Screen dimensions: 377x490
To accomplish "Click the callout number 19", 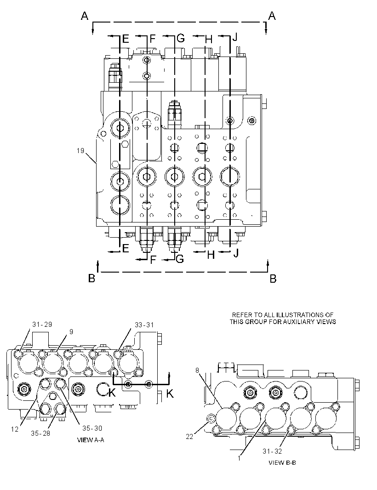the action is coord(80,151).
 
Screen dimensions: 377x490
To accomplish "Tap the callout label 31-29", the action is coord(42,325).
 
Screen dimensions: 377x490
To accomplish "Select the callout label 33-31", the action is coord(144,325).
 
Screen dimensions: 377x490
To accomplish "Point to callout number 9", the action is coord(71,331).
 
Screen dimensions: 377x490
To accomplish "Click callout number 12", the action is coord(15,429).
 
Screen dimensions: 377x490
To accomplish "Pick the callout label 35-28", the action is coord(40,433).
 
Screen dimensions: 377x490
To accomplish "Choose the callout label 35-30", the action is coord(92,428).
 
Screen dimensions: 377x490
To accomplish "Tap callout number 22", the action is coord(189,437).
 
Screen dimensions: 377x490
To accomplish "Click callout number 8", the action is coord(197,370).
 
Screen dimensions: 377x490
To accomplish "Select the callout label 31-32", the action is coord(272,451).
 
